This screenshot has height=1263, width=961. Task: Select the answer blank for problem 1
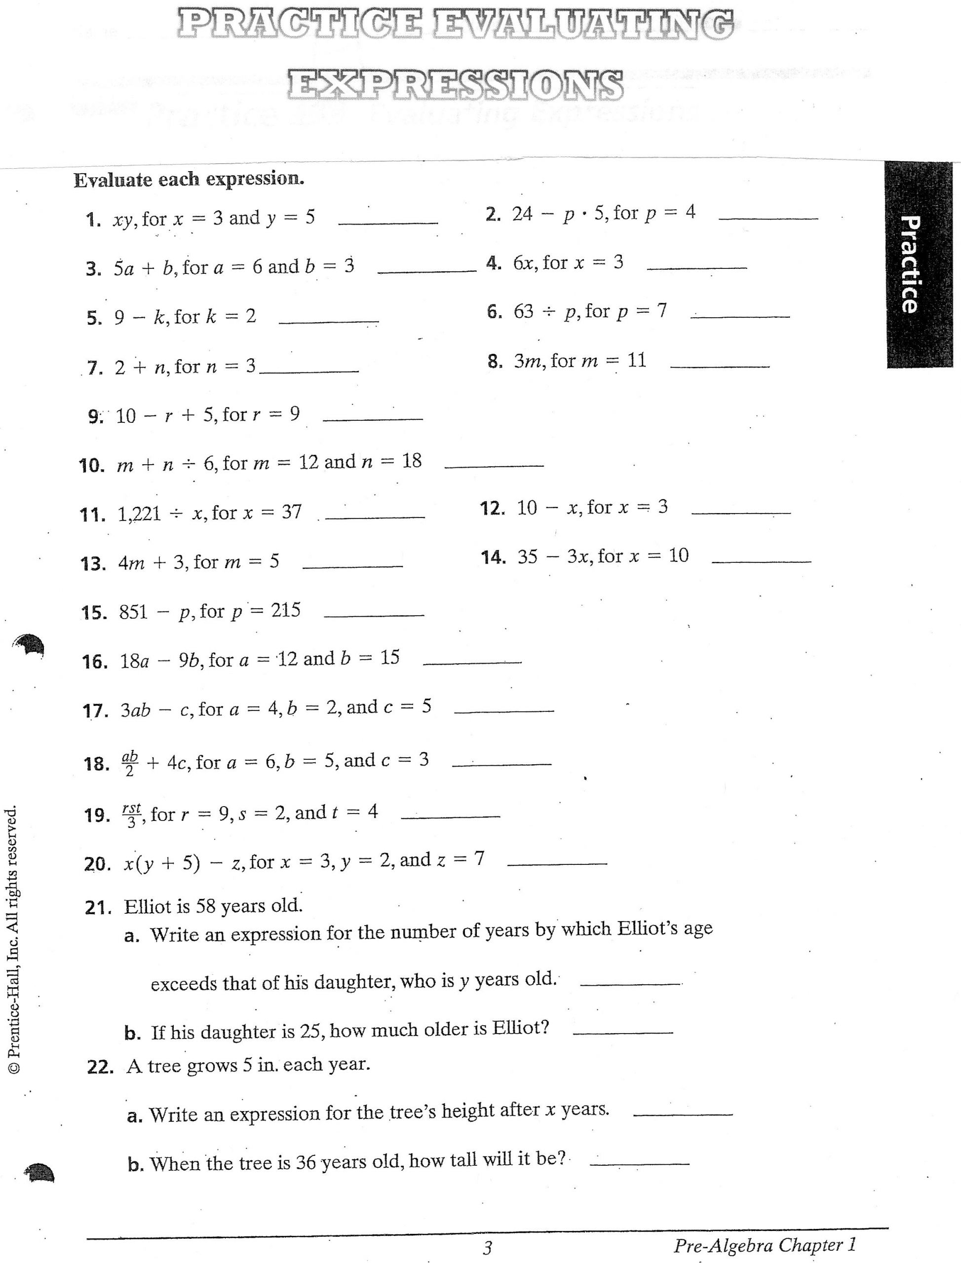[388, 222]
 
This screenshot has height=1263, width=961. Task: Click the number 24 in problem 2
[522, 215]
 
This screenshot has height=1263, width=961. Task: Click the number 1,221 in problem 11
[139, 514]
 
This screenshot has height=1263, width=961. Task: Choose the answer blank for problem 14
[762, 561]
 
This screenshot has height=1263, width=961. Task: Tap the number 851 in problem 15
[133, 612]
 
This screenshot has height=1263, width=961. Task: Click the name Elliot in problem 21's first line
[148, 907]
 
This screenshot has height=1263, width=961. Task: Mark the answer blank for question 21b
[622, 1032]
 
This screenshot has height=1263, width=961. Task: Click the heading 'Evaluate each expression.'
[189, 180]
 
